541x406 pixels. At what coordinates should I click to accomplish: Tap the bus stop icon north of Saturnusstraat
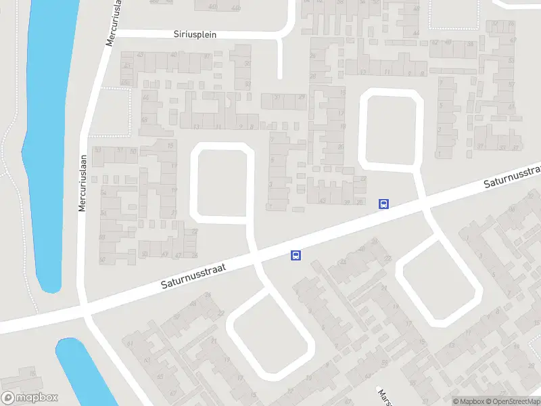[383, 204]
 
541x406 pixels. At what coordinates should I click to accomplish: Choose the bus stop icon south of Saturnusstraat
[296, 255]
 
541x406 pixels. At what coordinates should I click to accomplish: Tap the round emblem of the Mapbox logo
[8, 398]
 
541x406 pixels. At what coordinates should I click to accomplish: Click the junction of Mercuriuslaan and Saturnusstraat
[84, 311]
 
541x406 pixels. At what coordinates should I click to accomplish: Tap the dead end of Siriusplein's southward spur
[280, 76]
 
